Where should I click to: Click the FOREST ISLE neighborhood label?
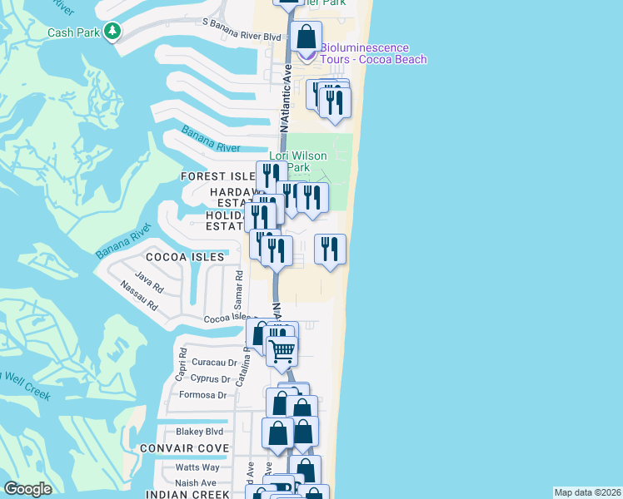[x=217, y=176]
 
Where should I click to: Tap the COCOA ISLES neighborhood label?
[x=186, y=257]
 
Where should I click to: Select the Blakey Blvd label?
[x=200, y=432]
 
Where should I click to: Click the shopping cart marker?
[x=282, y=351]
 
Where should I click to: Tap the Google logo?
[x=27, y=489]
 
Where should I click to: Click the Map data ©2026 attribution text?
[x=587, y=492]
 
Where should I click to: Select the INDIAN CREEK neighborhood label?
[x=186, y=494]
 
